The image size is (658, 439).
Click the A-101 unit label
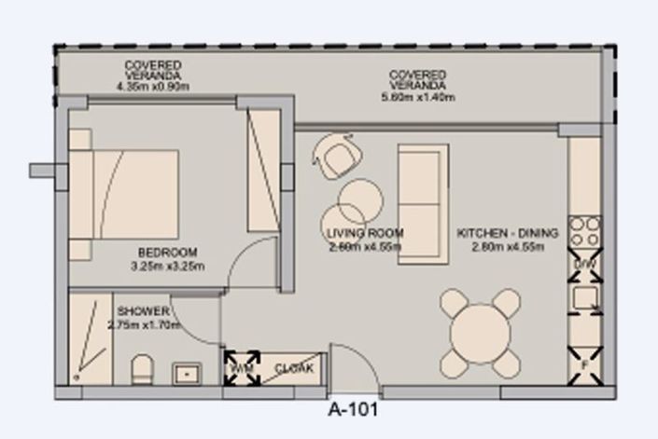pos(353,408)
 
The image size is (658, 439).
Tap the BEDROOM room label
pos(167,253)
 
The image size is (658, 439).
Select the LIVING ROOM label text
pos(365,233)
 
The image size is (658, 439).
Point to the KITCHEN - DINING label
pos(508,233)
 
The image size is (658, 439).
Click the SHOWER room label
pos(144,311)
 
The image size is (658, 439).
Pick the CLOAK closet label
pos(294,369)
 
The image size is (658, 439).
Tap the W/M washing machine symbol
pos(242,367)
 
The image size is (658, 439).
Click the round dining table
pos(481,331)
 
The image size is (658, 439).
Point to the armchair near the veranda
pos(336,156)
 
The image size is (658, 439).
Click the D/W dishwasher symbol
pos(584,266)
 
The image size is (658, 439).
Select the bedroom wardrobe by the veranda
pos(263,170)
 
